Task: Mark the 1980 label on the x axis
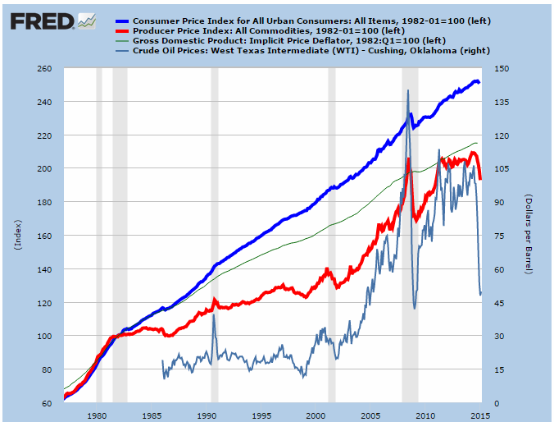(98, 415)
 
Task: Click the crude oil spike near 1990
(214, 316)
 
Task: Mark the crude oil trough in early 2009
(415, 309)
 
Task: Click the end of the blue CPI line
(480, 83)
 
